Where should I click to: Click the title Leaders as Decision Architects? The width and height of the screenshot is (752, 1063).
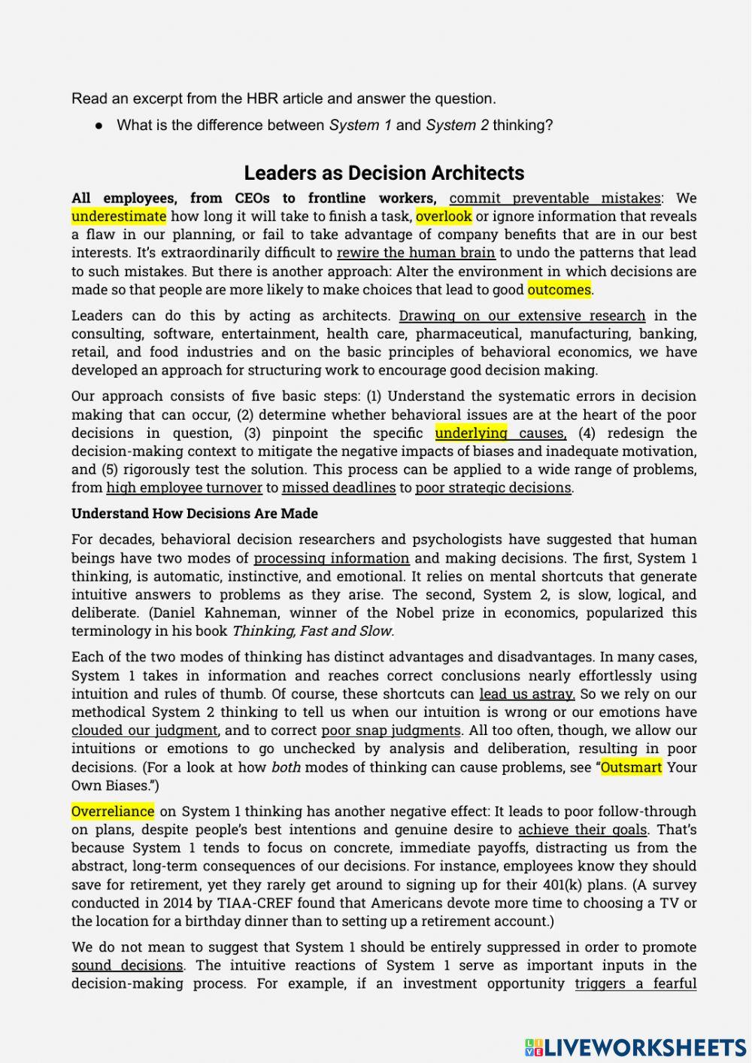[x=384, y=173]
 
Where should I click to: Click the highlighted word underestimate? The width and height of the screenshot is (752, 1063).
[x=119, y=217]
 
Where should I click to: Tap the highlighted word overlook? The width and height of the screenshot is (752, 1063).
[x=444, y=217]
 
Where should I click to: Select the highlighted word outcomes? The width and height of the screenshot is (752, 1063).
[x=559, y=290]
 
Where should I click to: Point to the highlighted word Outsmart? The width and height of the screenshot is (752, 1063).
[x=631, y=767]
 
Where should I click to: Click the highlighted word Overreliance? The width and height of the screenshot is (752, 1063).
[x=113, y=812]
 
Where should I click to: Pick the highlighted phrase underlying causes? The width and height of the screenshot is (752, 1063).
[x=500, y=433]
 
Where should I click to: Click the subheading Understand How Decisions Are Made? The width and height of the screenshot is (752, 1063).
[x=195, y=514]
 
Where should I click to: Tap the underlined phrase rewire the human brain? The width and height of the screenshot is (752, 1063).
[x=416, y=253]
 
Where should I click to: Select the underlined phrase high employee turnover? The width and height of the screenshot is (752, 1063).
[x=184, y=487]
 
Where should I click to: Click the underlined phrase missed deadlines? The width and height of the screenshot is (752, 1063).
[x=338, y=487]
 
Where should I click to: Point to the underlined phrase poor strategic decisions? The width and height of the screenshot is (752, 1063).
[x=493, y=487]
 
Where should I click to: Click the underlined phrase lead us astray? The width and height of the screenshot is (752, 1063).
[x=527, y=694]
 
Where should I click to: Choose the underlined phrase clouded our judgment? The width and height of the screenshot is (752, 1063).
[x=144, y=730]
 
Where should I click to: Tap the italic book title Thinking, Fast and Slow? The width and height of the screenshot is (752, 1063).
[x=313, y=631]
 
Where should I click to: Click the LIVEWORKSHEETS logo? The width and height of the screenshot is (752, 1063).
[x=635, y=1047]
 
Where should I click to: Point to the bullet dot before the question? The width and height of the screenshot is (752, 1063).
[x=99, y=126]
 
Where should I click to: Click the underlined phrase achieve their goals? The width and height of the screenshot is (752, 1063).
[x=583, y=830]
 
